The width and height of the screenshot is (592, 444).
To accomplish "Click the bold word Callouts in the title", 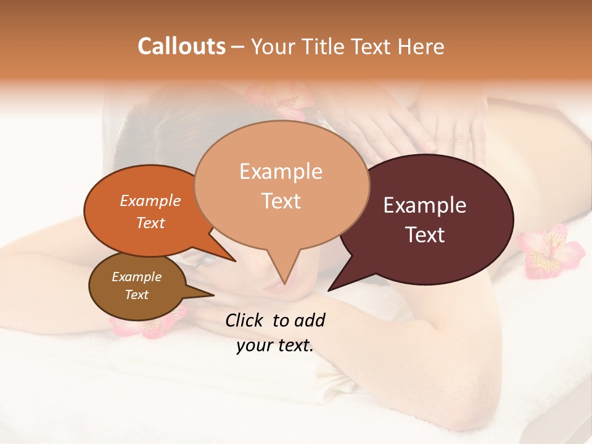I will click(181, 46).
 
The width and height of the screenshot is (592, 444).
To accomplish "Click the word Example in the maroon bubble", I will click(425, 205).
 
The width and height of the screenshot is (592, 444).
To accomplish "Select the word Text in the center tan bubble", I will click(281, 201).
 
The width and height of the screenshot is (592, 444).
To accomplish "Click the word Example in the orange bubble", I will click(150, 201).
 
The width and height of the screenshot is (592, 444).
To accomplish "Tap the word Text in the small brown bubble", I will click(136, 295).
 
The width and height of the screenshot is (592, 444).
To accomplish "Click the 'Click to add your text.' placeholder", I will click(275, 332).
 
